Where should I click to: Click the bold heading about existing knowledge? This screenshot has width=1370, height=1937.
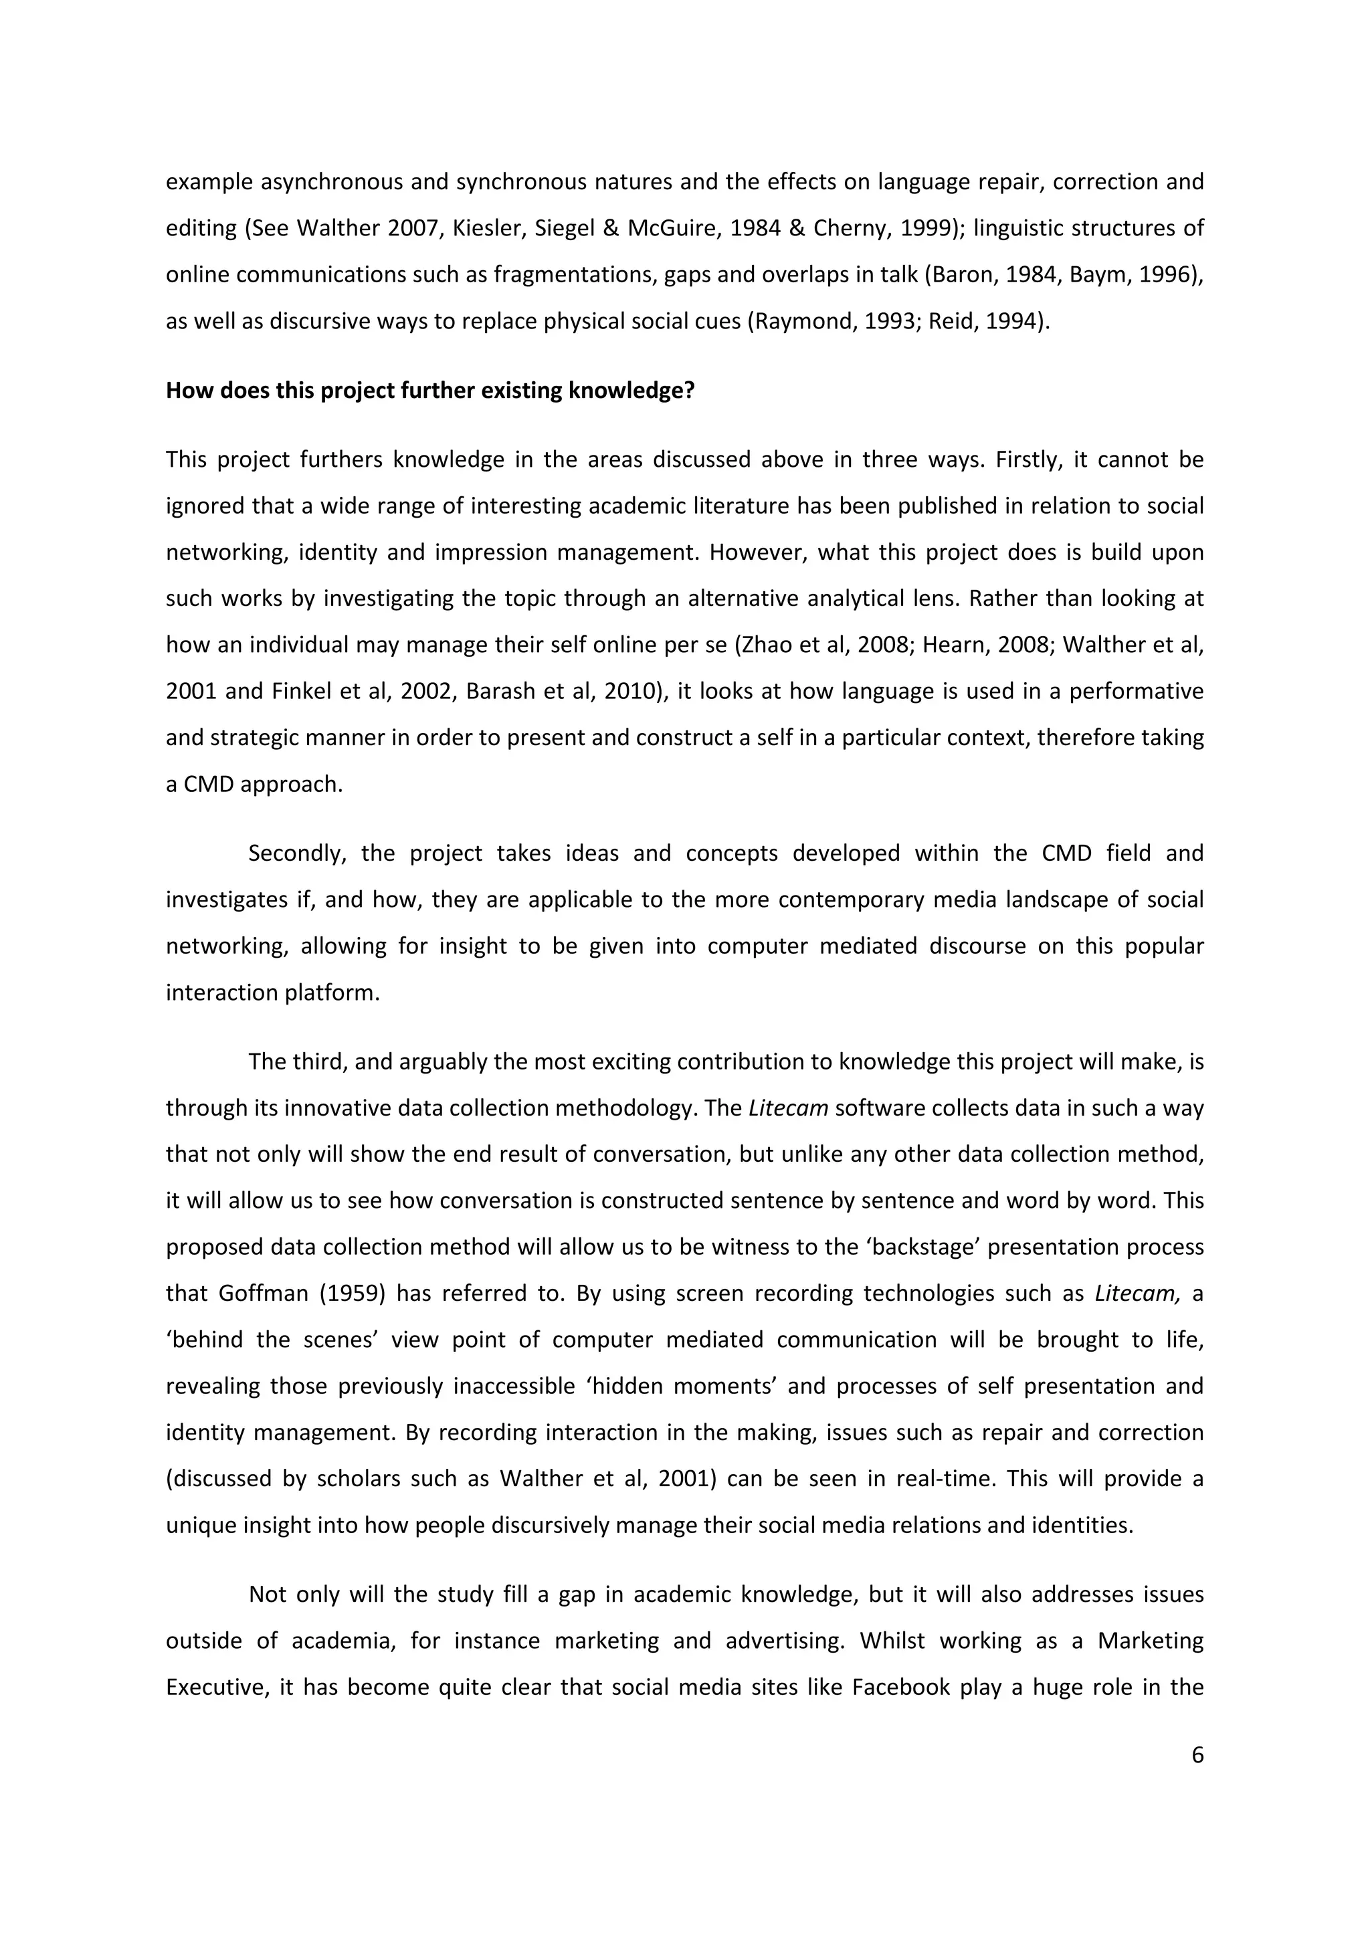click(429, 391)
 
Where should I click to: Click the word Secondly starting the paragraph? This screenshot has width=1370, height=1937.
click(297, 853)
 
